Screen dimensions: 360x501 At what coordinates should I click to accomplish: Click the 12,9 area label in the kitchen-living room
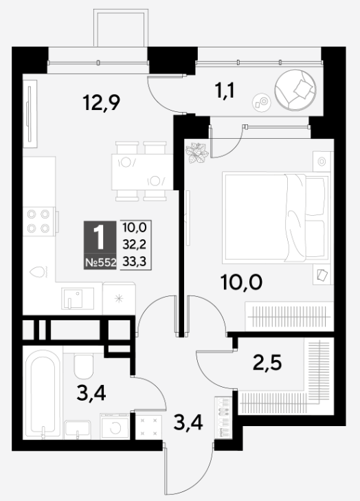101,103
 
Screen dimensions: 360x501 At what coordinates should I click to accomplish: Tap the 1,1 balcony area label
225,91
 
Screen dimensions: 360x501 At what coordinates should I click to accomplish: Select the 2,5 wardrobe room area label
267,363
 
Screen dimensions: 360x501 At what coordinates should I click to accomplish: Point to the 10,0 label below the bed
242,282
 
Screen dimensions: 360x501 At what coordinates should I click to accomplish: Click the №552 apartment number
100,263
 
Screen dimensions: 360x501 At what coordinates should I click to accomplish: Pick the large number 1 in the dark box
100,237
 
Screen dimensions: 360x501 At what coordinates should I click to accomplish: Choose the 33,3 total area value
135,262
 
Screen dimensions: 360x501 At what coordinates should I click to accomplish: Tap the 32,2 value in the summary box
135,245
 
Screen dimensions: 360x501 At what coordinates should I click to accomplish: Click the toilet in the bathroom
83,366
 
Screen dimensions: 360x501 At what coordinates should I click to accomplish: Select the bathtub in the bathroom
43,394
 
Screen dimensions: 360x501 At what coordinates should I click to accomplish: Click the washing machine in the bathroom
115,426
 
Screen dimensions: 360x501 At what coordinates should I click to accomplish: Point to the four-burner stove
39,221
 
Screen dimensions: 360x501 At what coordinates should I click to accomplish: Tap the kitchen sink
78,298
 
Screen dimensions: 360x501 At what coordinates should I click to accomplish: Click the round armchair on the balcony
295,90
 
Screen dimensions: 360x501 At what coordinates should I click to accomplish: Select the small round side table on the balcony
262,102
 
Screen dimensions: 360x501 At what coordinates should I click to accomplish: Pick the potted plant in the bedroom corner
196,153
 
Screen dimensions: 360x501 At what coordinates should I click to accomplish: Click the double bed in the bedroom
276,218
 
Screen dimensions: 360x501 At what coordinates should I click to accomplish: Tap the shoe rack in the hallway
223,417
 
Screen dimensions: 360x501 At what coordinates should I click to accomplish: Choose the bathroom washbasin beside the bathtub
78,430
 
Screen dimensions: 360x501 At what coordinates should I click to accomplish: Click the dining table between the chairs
142,172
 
